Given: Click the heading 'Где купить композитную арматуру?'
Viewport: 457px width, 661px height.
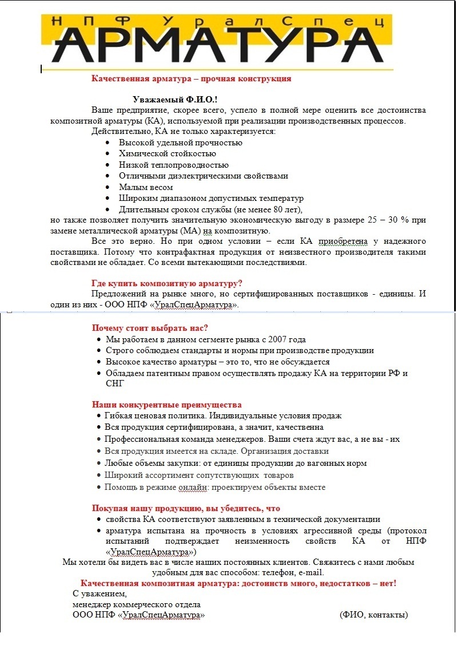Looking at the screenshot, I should coord(167,283).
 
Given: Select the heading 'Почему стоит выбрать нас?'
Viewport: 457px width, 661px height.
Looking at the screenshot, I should coord(150,328).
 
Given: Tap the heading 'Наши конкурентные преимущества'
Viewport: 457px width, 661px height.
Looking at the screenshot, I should coord(166,405).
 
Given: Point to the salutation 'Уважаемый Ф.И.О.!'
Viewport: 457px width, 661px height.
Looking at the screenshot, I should coord(175,100).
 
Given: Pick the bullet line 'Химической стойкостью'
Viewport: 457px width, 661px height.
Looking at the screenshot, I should coord(167,153).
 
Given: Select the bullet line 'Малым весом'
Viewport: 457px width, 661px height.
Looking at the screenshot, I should coord(145,187).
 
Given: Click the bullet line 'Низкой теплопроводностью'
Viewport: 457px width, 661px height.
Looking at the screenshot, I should coord(174,165).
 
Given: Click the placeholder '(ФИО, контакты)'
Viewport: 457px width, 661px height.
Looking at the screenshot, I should coord(373,615).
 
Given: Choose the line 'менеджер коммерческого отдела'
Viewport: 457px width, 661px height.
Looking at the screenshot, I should coord(137,604).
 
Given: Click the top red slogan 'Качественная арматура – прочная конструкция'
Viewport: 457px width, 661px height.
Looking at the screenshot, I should coord(191,78).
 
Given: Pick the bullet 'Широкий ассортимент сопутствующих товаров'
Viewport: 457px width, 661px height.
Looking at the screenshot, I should coord(199,475).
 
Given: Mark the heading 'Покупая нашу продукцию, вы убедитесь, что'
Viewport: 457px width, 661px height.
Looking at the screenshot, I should coord(186,508).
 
